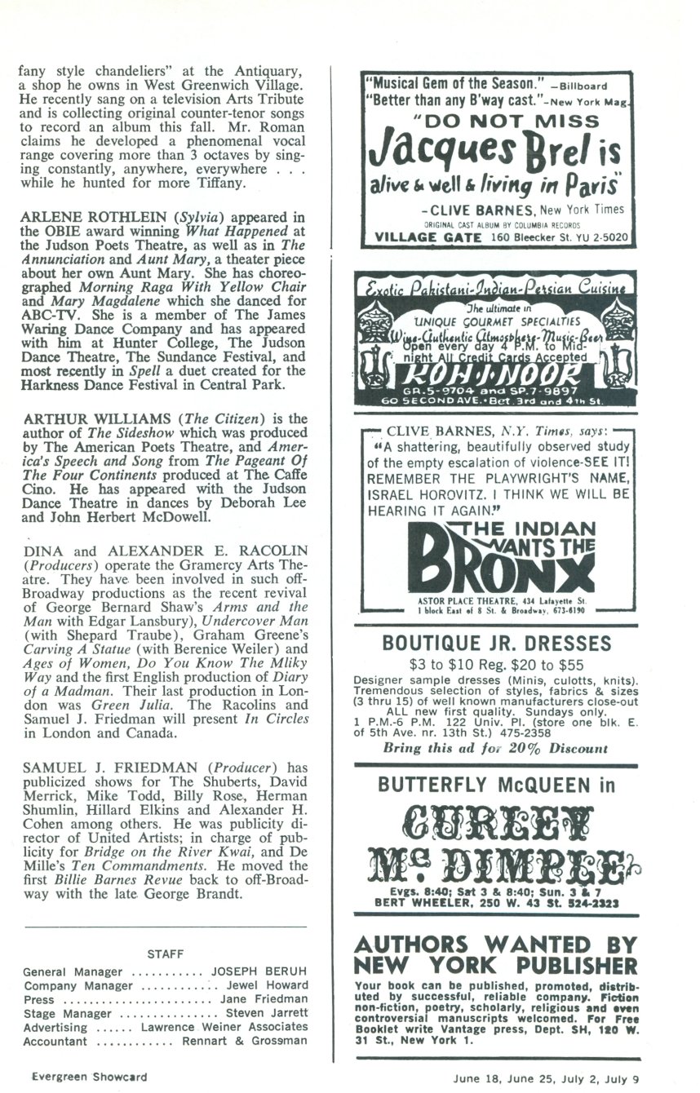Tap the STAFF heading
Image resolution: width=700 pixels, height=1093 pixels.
pyautogui.click(x=166, y=953)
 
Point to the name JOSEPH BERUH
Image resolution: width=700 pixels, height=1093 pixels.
pyautogui.click(x=259, y=972)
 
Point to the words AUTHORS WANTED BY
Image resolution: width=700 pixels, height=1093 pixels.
pyautogui.click(x=496, y=945)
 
